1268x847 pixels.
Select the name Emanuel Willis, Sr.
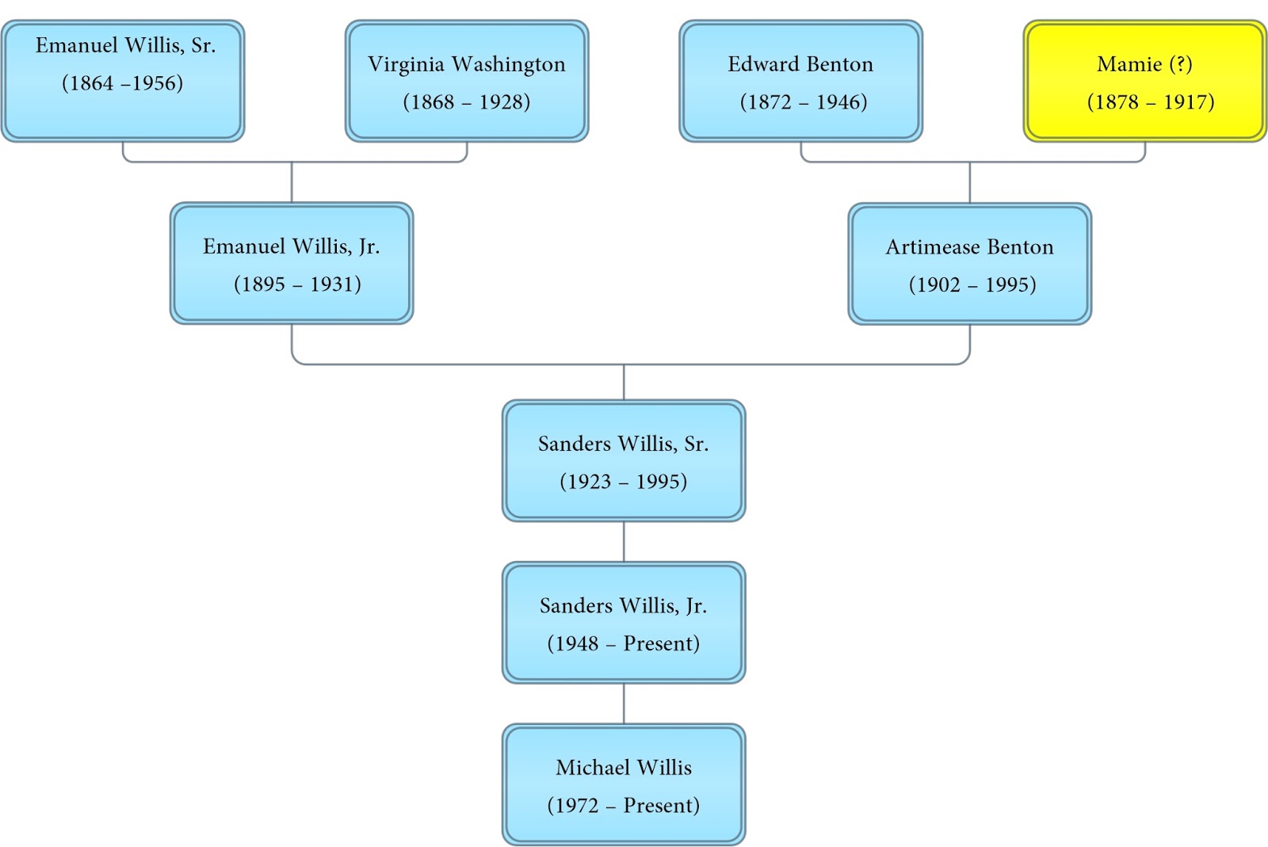coord(125,46)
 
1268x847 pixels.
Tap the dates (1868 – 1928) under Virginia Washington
coord(466,102)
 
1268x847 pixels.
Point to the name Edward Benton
coord(800,64)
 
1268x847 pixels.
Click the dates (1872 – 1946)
coord(803,102)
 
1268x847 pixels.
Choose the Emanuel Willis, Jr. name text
coord(291,246)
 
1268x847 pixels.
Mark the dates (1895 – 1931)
coord(297,284)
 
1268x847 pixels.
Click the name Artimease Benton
coord(969,247)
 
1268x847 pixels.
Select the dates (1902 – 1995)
coord(972,285)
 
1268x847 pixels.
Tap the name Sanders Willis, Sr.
coord(623,444)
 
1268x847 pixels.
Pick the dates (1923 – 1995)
coord(623,482)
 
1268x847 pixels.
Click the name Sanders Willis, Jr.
coord(623,606)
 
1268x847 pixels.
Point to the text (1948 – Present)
coord(623,643)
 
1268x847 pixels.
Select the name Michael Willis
coord(623,768)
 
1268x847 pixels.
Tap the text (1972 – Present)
coord(623,806)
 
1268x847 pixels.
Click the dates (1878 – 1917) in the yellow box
coord(1150,102)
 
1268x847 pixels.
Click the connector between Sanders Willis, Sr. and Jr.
coord(624,541)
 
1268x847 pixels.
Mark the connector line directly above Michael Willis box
coord(624,704)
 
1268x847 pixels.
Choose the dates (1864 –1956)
coord(122,83)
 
